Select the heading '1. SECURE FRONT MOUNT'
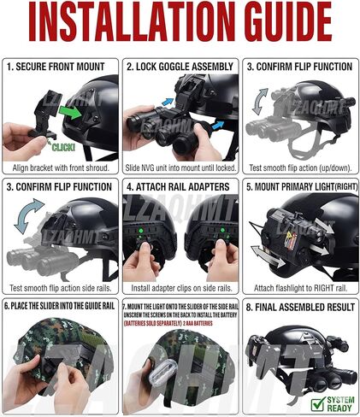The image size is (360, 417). (x=59, y=66)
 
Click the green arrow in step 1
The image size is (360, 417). (x=74, y=111)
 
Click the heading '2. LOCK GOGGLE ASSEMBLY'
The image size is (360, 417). (x=180, y=66)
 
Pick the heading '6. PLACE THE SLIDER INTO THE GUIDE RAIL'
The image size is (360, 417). (x=59, y=305)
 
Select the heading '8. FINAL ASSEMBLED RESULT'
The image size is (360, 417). (x=299, y=305)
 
